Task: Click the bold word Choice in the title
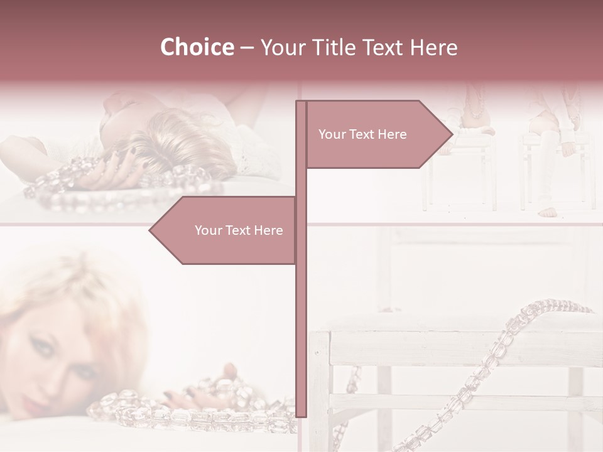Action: click(197, 48)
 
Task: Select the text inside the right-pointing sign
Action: click(362, 134)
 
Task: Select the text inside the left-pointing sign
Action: click(239, 230)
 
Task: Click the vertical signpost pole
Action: click(301, 314)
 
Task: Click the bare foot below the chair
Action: click(548, 212)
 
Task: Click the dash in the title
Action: click(247, 48)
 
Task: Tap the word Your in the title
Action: click(280, 48)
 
